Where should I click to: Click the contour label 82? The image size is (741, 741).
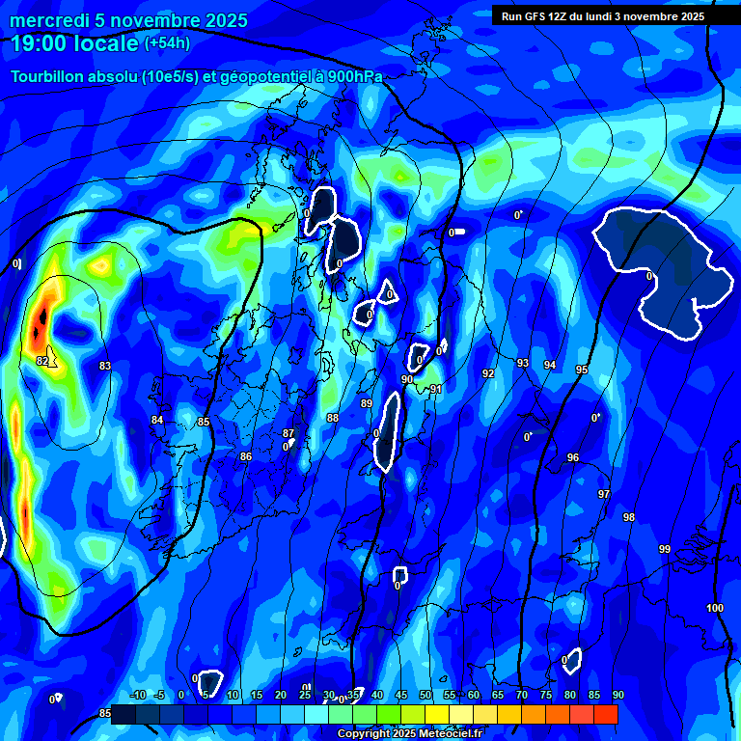42,361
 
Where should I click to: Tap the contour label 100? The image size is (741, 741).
715,608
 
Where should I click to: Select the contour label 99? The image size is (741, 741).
665,549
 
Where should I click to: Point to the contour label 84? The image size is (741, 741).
157,420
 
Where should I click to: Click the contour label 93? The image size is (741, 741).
523,363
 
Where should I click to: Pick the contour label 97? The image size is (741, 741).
604,494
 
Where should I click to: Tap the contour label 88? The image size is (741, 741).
333,418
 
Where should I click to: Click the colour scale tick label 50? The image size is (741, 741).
425,696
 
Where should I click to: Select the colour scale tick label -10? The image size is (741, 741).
137,696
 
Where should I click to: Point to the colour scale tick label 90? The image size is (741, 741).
618,696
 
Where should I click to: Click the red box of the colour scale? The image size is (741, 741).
606,714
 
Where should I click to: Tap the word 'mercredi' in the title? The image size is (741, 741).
42,20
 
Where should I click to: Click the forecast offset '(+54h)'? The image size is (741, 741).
167,42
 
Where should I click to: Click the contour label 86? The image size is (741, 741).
246,456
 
